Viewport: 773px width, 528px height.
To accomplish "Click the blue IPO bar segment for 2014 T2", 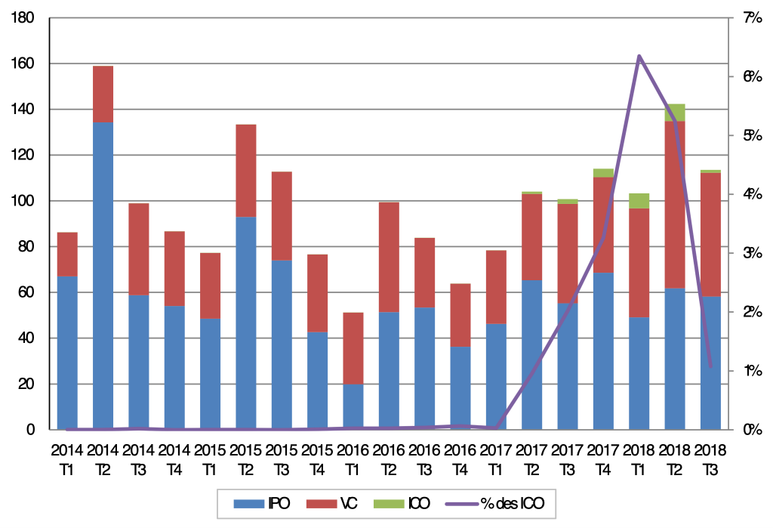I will pyautogui.click(x=103, y=276).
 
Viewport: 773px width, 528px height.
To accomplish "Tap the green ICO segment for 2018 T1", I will pyautogui.click(x=639, y=200).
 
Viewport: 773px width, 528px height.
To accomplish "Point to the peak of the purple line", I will pyautogui.click(x=639, y=56).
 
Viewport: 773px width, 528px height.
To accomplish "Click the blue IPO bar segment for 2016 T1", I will pyautogui.click(x=353, y=407).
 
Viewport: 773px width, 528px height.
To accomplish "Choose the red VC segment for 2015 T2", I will pyautogui.click(x=246, y=171).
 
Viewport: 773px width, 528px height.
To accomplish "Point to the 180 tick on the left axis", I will pyautogui.click(x=26, y=18).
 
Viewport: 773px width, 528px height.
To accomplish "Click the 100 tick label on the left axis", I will pyautogui.click(x=26, y=201).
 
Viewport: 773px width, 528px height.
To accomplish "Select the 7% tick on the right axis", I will pyautogui.click(x=750, y=18).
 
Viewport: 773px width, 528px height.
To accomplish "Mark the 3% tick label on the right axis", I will pyautogui.click(x=750, y=253).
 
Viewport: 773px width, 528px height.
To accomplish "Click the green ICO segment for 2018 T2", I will pyautogui.click(x=675, y=113).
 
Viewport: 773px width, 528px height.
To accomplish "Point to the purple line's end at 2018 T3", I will pyautogui.click(x=710, y=367).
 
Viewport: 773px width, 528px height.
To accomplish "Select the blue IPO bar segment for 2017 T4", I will pyautogui.click(x=603, y=351).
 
